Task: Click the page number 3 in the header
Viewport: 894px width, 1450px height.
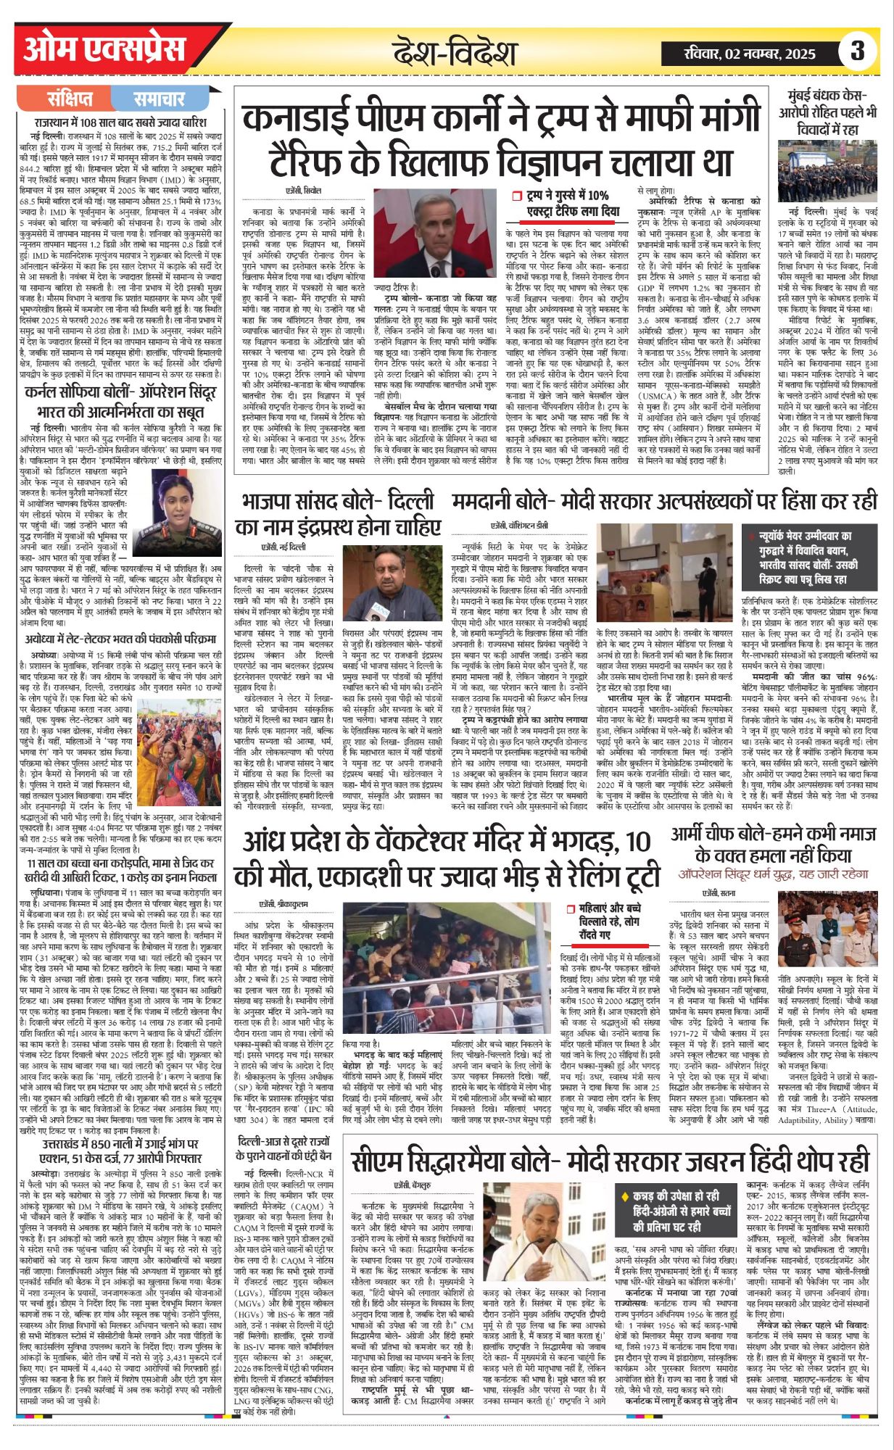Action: tap(857, 51)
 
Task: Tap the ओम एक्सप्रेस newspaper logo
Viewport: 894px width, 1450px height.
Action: tap(104, 51)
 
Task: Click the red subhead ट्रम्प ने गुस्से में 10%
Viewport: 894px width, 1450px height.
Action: tap(566, 203)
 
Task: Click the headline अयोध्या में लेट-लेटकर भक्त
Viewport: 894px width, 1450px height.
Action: tap(120, 639)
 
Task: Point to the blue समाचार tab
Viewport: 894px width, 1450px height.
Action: tap(159, 99)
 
